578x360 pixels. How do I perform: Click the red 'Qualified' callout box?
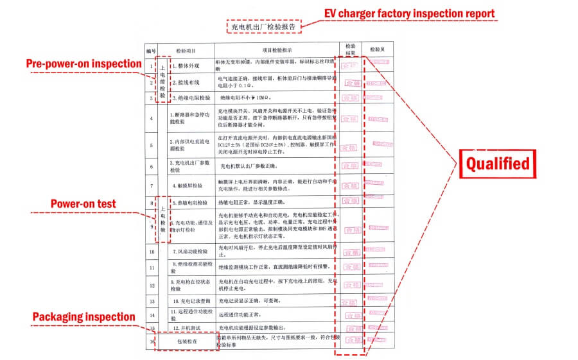(x=498, y=164)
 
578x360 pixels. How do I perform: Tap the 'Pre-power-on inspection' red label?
(x=83, y=64)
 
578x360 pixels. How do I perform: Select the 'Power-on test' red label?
(x=83, y=204)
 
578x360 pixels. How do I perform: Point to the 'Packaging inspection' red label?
(x=83, y=317)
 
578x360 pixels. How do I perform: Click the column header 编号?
(x=151, y=50)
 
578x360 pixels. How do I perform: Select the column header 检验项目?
(x=186, y=50)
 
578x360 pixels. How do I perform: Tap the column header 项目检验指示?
(x=277, y=50)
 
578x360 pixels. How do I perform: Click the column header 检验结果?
(x=350, y=50)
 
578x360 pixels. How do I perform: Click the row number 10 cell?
(x=152, y=250)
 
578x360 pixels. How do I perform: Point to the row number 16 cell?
(x=152, y=341)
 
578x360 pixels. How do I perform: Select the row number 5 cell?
(x=152, y=145)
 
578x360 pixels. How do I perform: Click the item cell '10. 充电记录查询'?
(x=191, y=300)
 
